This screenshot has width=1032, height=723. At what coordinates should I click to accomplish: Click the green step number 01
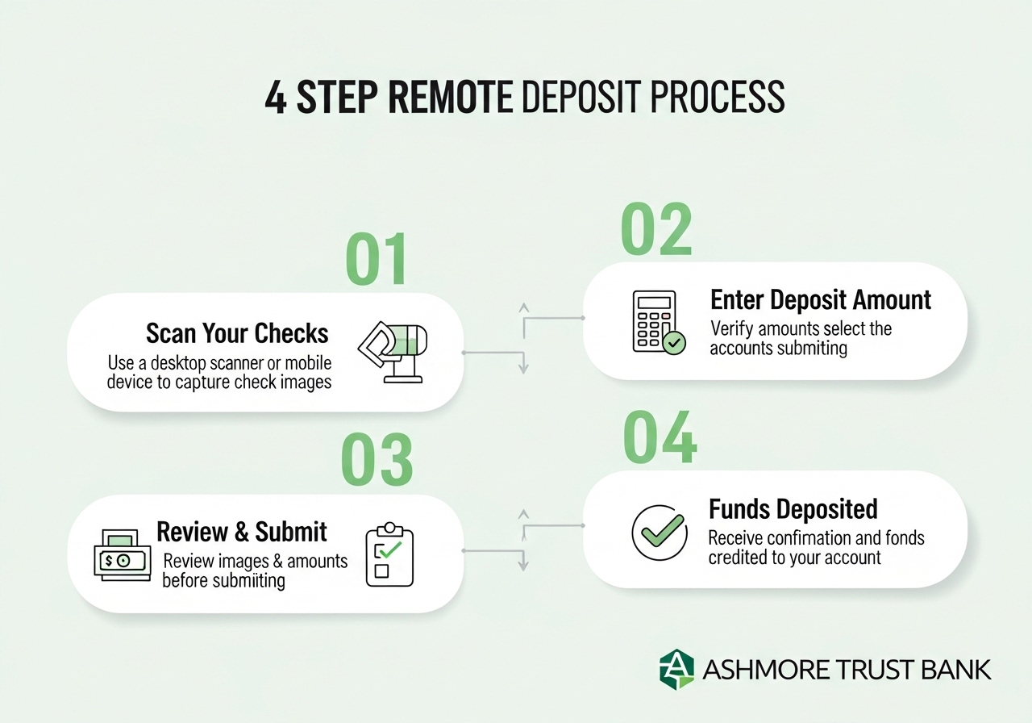377,260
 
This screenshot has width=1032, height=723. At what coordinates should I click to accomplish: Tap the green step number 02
656,229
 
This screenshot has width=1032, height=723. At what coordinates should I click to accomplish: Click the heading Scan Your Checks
237,333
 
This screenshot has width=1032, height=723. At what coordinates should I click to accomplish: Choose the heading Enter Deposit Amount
820,300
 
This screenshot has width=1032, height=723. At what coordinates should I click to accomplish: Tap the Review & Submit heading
241,532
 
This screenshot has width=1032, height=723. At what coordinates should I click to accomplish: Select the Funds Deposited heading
793,509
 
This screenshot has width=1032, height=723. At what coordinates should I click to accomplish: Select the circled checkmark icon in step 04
659,533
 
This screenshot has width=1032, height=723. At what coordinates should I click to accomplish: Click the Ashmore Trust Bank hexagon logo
676,670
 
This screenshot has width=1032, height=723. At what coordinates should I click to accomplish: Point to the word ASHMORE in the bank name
753,670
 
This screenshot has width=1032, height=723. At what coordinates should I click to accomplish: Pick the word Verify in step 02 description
732,329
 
